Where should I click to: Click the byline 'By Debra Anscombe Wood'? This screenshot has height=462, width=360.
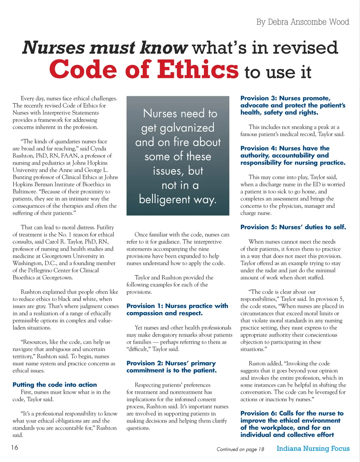(302, 22)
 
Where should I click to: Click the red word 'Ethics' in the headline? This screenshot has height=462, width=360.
(198, 69)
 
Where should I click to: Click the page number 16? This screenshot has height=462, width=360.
(14, 447)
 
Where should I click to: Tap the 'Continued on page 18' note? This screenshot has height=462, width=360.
(240, 449)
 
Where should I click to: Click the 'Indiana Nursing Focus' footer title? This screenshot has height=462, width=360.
(313, 448)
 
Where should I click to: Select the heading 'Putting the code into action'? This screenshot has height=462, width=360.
(54, 385)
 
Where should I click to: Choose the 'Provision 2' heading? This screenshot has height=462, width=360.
(172, 367)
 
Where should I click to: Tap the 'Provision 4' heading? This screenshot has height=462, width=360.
(292, 155)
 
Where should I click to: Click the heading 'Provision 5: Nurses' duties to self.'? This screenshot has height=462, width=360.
(293, 227)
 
